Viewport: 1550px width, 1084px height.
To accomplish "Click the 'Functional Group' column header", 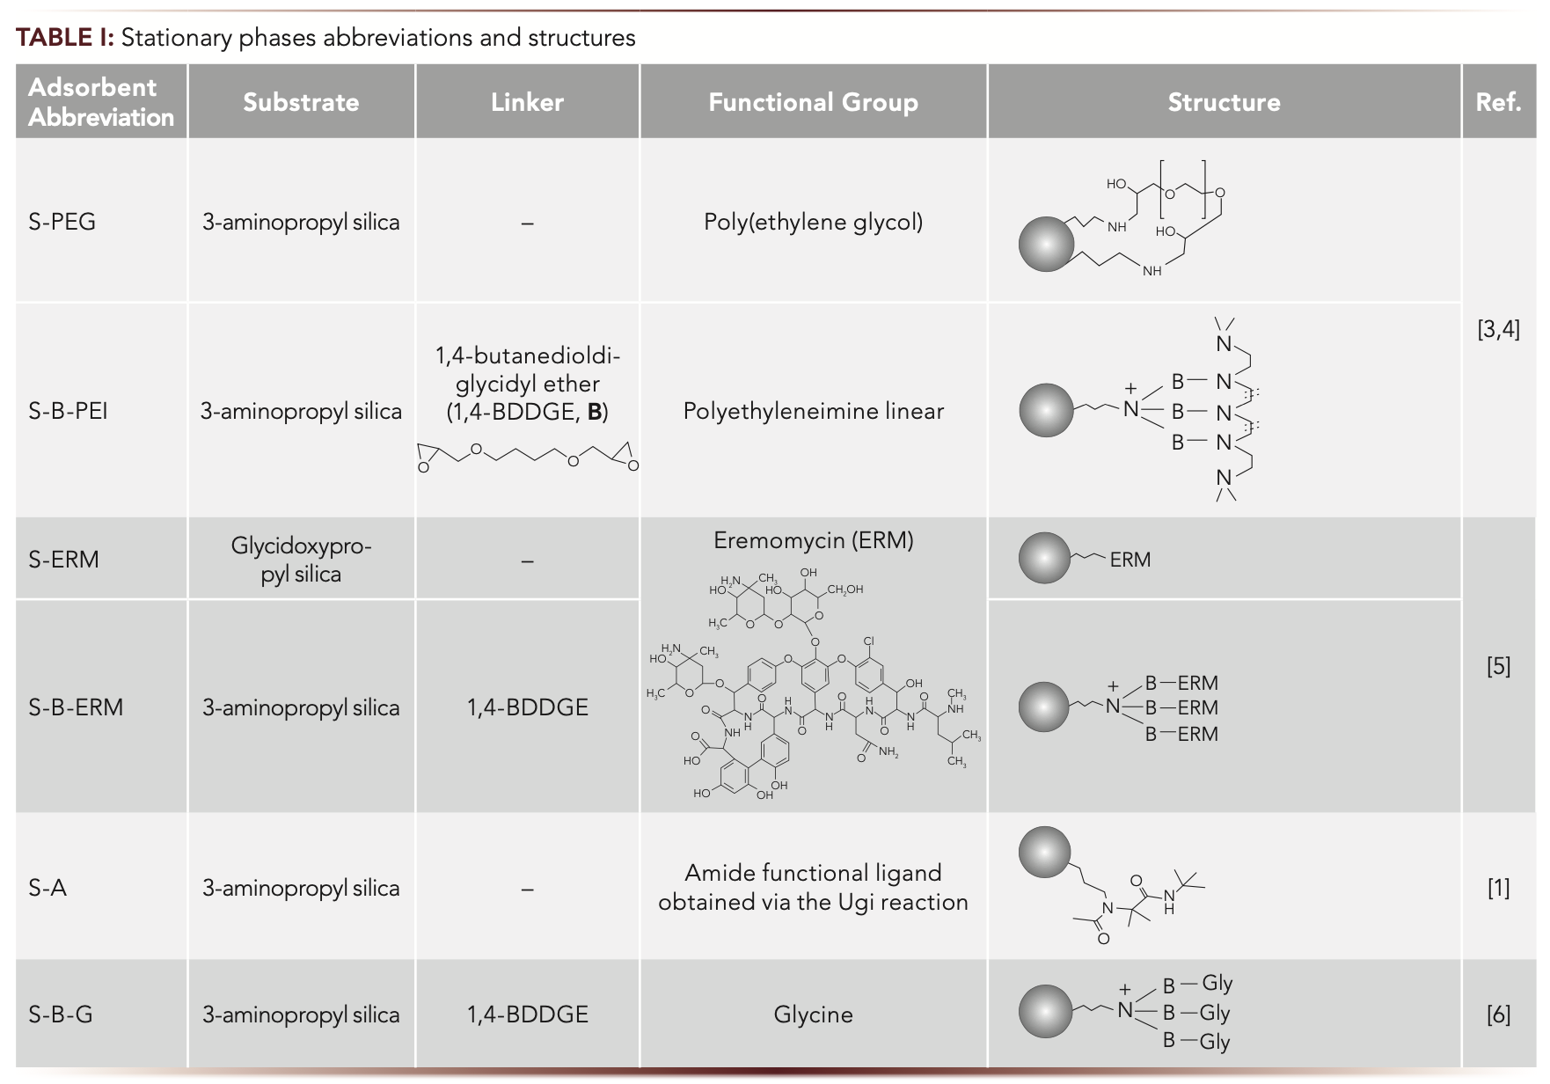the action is [813, 102].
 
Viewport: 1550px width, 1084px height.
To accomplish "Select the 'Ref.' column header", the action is [1498, 102].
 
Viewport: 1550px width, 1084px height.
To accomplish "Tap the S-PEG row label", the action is [62, 222].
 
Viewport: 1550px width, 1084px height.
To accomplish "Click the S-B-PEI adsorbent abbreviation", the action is [68, 411].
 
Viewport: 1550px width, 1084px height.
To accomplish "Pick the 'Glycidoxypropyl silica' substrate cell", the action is [301, 560].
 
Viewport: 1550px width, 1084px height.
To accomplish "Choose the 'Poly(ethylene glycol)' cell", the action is [813, 222].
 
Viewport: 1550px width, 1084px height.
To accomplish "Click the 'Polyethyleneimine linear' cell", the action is [813, 411].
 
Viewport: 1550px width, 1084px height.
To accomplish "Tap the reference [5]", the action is [1498, 666].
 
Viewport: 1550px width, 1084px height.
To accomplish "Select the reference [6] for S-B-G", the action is [1498, 1014].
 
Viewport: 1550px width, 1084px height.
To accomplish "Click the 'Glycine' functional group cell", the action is [813, 1014].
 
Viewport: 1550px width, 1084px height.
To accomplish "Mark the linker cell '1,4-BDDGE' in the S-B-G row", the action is [527, 1014].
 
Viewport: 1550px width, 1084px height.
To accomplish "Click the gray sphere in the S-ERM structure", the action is [1045, 558].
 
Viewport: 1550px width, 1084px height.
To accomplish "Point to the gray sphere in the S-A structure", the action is [1045, 853].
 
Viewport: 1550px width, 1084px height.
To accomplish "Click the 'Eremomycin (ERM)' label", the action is [813, 540].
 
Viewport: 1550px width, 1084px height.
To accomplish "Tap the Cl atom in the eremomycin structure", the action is [869, 641].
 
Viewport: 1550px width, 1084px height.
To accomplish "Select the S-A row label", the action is [48, 888].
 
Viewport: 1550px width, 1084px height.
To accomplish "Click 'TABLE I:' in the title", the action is [65, 38].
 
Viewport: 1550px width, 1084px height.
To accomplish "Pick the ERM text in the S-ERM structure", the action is [1130, 560].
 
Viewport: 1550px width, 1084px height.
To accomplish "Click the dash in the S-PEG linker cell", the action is [527, 223].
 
